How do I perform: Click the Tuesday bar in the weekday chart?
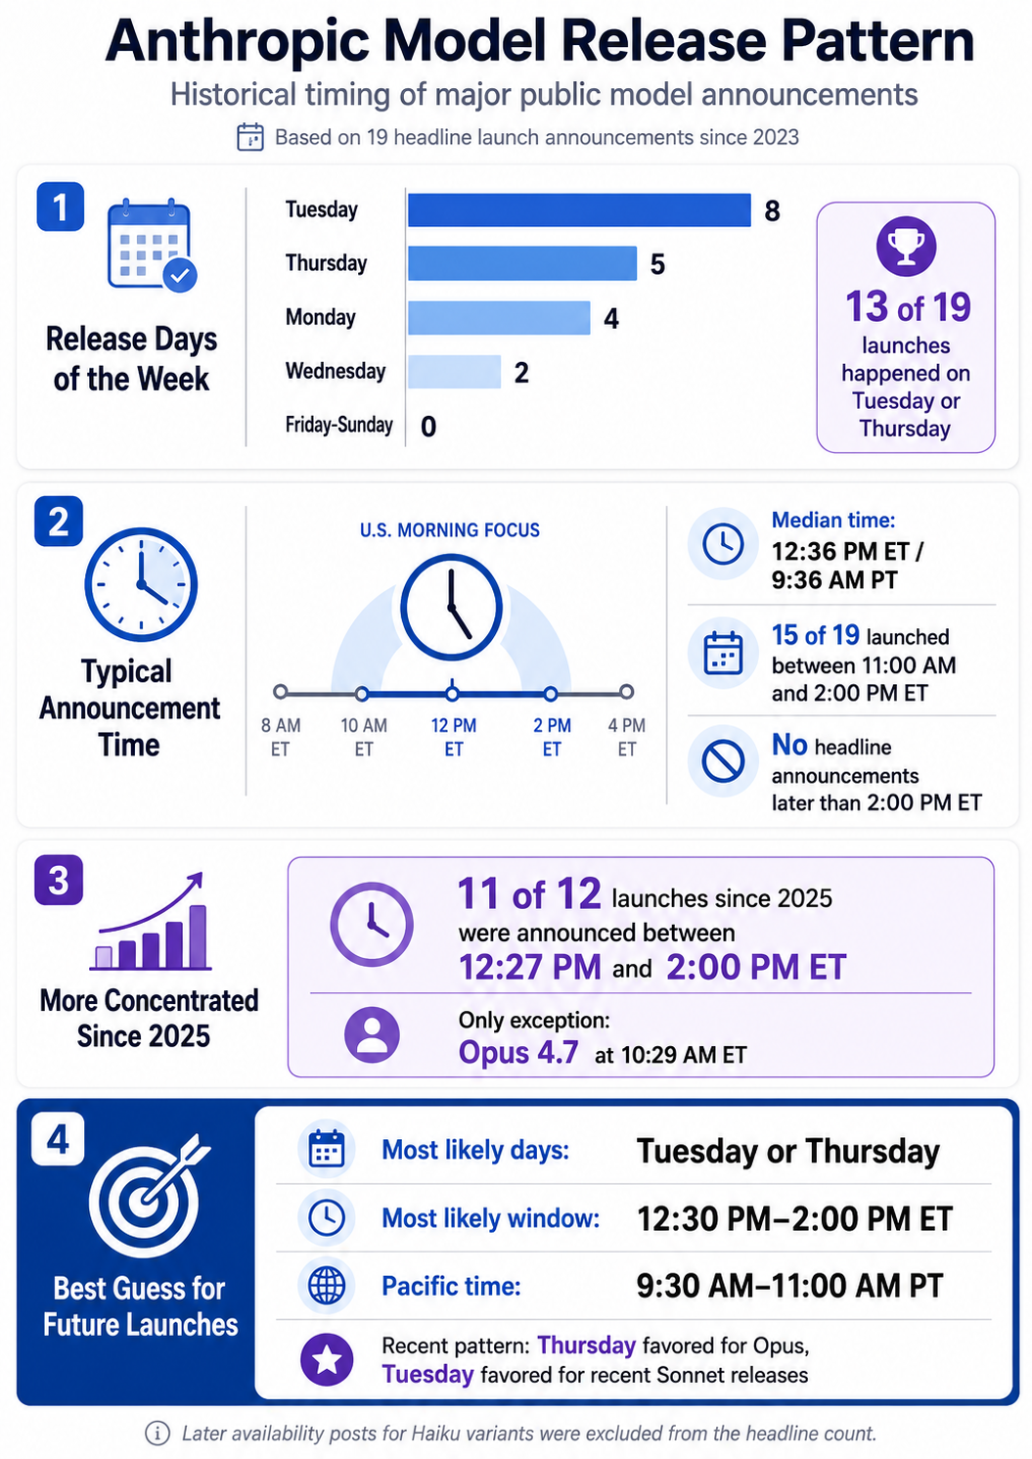[579, 209]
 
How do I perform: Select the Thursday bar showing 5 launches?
[522, 263]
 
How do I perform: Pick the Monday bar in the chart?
[499, 318]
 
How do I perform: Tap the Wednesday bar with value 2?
[455, 372]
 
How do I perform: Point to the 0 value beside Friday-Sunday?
[428, 427]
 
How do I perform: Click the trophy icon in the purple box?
[906, 246]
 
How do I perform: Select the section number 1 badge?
[60, 207]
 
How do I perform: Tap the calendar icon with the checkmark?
[152, 245]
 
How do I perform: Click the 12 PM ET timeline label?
[454, 737]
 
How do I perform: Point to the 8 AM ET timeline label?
[281, 737]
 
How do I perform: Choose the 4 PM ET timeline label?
[626, 737]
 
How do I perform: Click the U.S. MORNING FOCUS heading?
[450, 530]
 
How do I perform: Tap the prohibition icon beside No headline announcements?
[723, 760]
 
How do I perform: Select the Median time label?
[833, 520]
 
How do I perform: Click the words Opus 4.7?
[518, 1052]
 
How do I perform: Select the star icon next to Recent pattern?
[326, 1359]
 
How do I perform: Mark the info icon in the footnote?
[157, 1433]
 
